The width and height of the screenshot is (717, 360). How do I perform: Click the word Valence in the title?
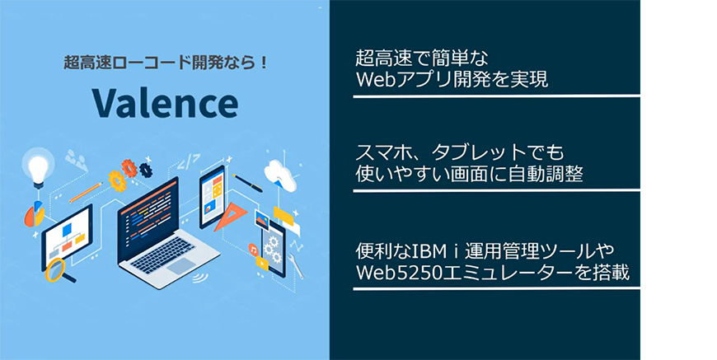[x=165, y=103]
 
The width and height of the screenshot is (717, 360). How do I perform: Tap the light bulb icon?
[x=39, y=167]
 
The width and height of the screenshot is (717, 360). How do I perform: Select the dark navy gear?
[x=146, y=170]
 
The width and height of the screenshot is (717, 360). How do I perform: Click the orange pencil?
[x=86, y=192]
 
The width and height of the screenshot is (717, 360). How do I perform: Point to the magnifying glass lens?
[x=55, y=269]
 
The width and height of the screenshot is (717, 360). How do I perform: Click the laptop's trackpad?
[x=180, y=265]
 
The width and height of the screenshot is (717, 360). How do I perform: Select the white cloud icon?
[x=280, y=173]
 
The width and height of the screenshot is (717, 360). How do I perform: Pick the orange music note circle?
[x=253, y=250]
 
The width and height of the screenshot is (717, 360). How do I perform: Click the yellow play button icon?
[x=262, y=262]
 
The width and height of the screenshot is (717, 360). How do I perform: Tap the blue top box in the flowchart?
[x=68, y=229]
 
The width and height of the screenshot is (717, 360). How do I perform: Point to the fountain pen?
[x=247, y=183]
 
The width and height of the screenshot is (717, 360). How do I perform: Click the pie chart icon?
[x=35, y=214]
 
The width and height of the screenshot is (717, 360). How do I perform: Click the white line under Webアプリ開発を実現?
[x=497, y=96]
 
